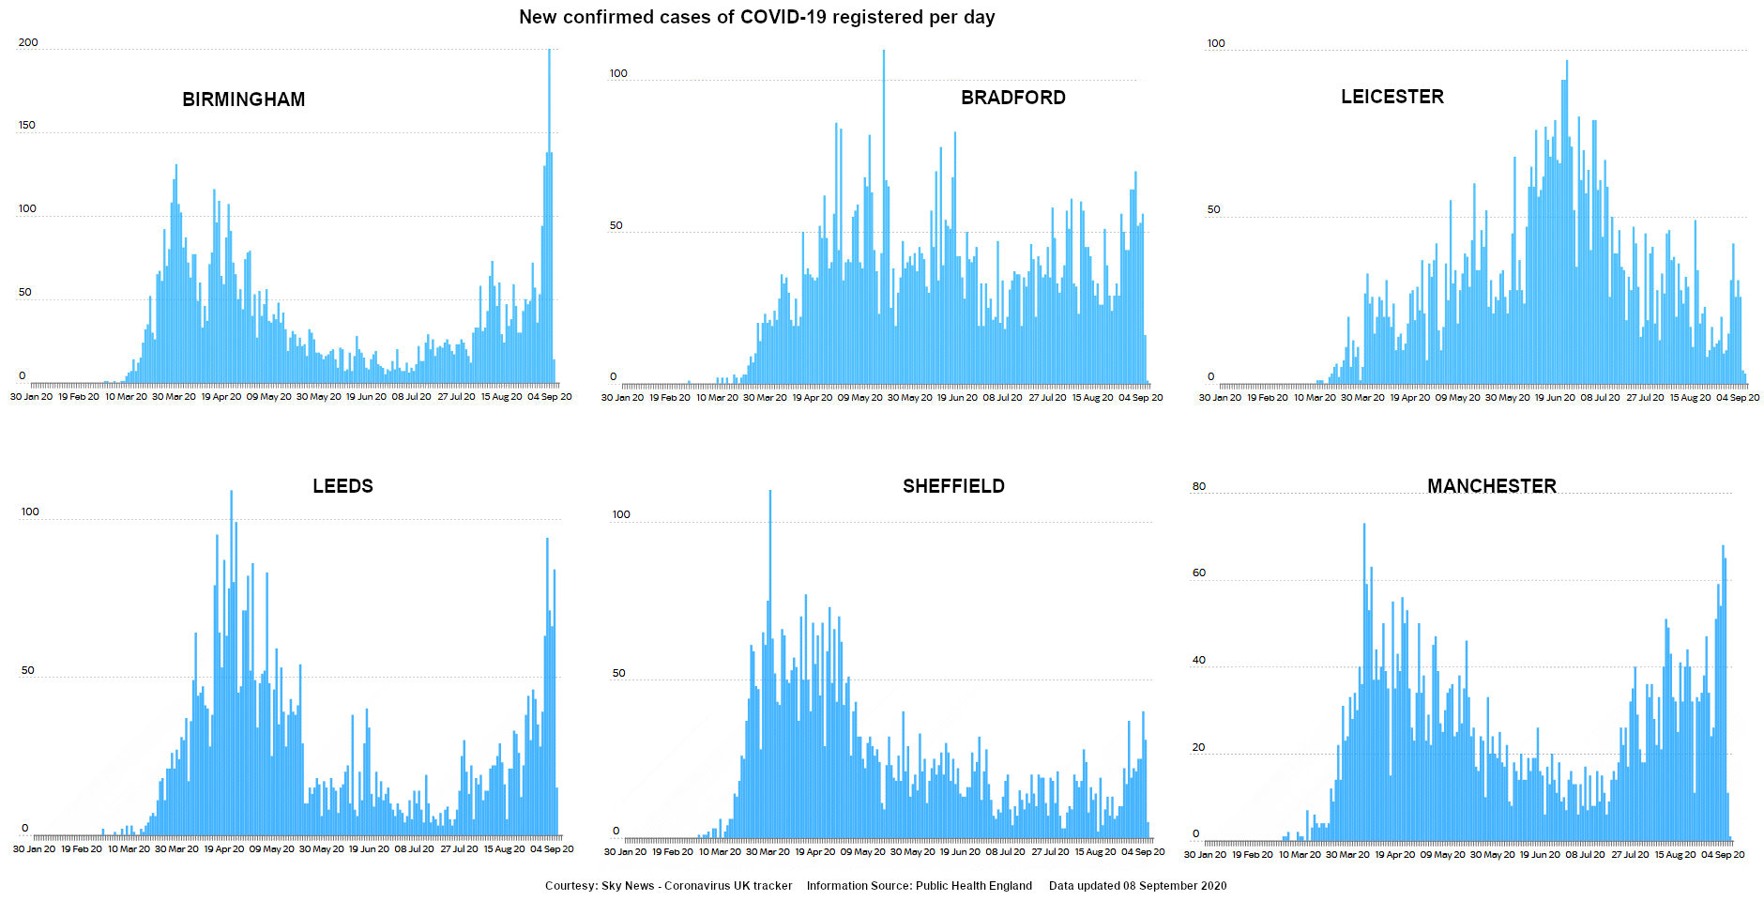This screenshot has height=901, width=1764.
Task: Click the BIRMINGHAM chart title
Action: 243,99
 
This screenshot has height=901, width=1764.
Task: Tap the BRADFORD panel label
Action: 1012,98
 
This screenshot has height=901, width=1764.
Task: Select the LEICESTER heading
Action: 1391,97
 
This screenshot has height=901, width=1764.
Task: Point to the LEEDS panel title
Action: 342,486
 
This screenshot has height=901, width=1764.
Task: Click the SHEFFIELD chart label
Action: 953,486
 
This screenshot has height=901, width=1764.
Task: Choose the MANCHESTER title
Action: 1491,486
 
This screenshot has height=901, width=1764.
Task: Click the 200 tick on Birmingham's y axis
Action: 28,42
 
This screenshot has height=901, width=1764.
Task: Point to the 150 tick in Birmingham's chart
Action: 26,125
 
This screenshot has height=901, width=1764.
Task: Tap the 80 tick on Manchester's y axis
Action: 1198,486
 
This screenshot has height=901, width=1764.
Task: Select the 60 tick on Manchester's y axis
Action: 1198,573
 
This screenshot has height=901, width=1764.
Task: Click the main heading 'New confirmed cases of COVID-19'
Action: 756,17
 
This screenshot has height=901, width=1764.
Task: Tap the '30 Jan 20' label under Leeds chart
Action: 34,849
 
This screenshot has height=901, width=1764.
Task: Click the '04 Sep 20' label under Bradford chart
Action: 1140,398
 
